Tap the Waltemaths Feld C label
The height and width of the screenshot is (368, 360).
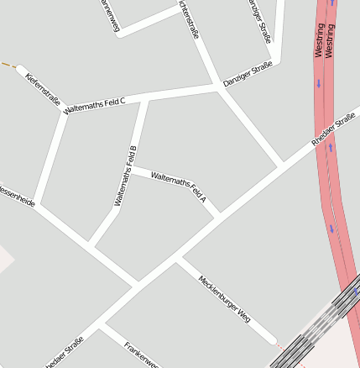(94, 106)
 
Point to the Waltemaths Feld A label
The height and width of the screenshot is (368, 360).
(178, 187)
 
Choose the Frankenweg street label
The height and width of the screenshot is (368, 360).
(141, 356)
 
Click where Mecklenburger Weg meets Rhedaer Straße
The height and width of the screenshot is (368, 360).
(176, 260)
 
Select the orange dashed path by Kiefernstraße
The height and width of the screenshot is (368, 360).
(8, 65)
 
